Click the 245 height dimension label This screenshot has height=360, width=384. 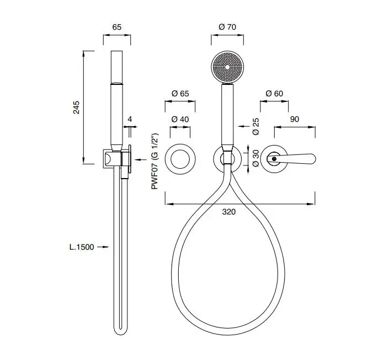point(77,107)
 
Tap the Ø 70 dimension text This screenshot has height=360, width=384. point(227,26)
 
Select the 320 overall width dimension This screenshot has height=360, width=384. point(229,212)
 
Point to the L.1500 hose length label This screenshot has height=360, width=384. point(82,247)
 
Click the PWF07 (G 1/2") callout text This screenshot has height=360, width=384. point(155,162)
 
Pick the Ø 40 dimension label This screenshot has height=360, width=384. point(180,119)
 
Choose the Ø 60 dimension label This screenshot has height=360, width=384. point(274,94)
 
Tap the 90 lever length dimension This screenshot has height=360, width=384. point(295,119)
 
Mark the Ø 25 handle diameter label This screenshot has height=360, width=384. point(255,126)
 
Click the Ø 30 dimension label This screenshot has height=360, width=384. point(255,158)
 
